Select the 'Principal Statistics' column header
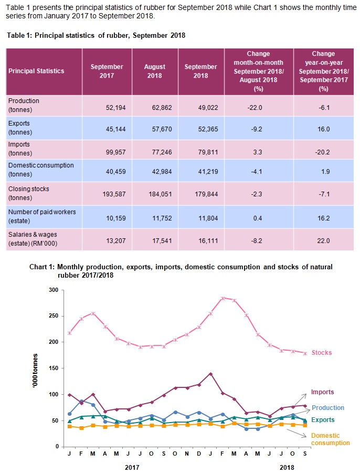click(36, 71)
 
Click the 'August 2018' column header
click(155, 71)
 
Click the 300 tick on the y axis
click(53, 290)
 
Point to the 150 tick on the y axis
click(53, 368)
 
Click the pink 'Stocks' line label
click(321, 353)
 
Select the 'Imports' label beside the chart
click(322, 392)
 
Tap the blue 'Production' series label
click(328, 408)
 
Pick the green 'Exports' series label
click(323, 420)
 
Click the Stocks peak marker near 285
click(223, 298)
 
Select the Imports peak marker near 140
click(210, 374)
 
